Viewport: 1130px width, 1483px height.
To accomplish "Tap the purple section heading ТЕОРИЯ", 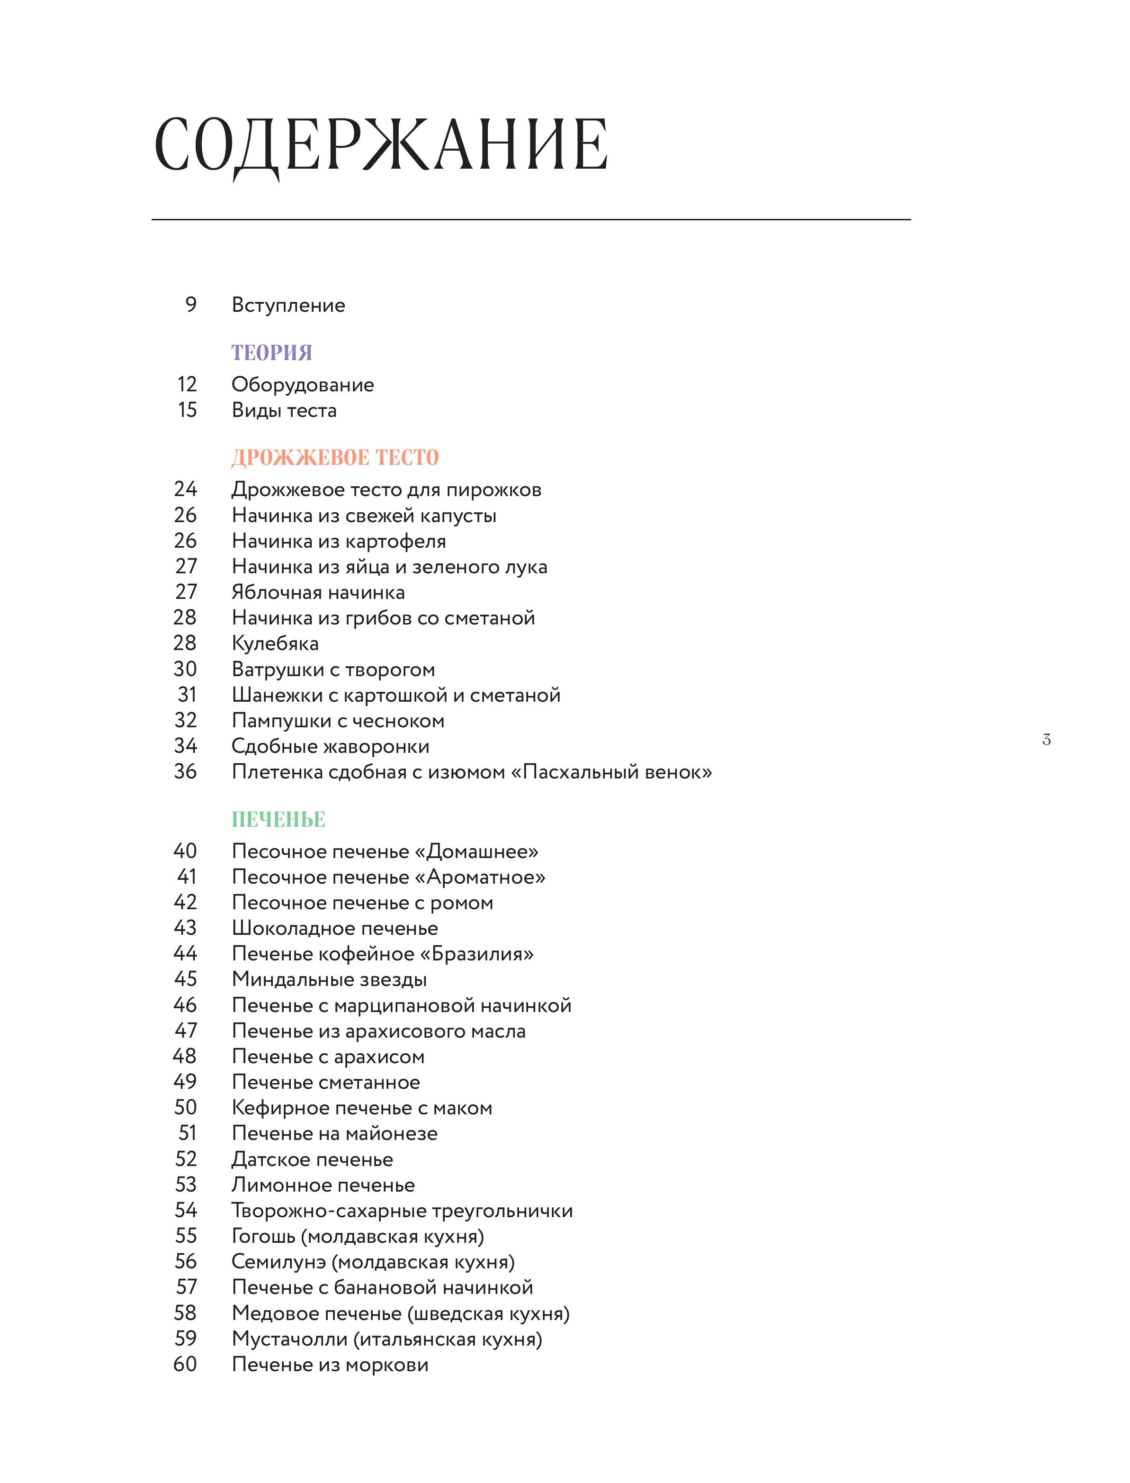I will (272, 353).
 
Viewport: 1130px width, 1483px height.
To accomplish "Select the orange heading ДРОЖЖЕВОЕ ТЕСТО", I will (335, 458).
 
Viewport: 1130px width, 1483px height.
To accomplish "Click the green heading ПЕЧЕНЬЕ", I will (278, 820).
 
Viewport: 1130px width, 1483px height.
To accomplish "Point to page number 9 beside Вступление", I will (191, 305).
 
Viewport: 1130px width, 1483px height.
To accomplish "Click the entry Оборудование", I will (303, 385).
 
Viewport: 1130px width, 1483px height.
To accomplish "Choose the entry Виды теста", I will (284, 410).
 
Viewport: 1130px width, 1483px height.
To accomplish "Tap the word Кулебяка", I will (275, 643).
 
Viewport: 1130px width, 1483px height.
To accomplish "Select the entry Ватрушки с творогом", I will (333, 669).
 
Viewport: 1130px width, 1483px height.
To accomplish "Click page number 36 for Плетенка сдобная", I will (186, 772).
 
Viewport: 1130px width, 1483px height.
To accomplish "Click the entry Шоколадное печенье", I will (335, 929).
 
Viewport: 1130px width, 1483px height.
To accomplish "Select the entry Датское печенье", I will (312, 1159).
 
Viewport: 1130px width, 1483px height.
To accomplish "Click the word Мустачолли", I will (289, 1339).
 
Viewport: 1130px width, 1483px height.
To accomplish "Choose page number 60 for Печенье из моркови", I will (186, 1365).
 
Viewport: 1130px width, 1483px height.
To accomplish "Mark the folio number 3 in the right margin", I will (1046, 740).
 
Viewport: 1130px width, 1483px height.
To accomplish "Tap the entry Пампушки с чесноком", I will (338, 721).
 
